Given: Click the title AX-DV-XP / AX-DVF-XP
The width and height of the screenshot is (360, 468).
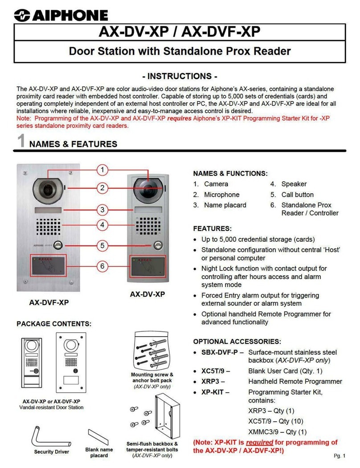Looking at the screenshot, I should (180, 33).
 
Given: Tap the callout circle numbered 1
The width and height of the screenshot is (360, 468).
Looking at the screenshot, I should (102, 170).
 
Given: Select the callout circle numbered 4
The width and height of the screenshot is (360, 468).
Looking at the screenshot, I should (102, 225).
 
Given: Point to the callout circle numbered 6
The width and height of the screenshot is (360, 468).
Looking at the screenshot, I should (102, 266).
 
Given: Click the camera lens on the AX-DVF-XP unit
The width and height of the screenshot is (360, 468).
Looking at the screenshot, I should (45, 189).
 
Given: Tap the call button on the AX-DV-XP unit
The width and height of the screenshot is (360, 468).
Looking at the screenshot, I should (156, 245).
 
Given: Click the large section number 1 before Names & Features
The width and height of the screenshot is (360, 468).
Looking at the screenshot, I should (20, 142).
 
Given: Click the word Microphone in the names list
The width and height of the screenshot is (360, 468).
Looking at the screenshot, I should (221, 195).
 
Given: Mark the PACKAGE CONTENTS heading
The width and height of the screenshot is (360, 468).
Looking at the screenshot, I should (54, 323).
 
